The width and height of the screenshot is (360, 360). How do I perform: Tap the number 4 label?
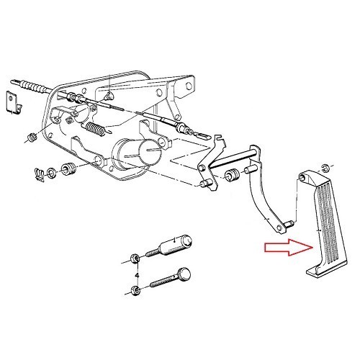pyautogui.click(x=135, y=275)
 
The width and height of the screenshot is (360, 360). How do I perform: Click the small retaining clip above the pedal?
pyautogui.click(x=325, y=167)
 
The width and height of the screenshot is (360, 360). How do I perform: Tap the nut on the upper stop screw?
pyautogui.click(x=135, y=258)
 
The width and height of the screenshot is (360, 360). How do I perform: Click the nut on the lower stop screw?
pyautogui.click(x=135, y=292)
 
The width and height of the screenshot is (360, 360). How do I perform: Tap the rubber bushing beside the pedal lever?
pyautogui.click(x=233, y=175)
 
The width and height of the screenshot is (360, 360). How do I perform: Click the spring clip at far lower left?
pyautogui.click(x=39, y=173)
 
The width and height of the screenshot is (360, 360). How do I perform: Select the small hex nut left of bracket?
pyautogui.click(x=31, y=136)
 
